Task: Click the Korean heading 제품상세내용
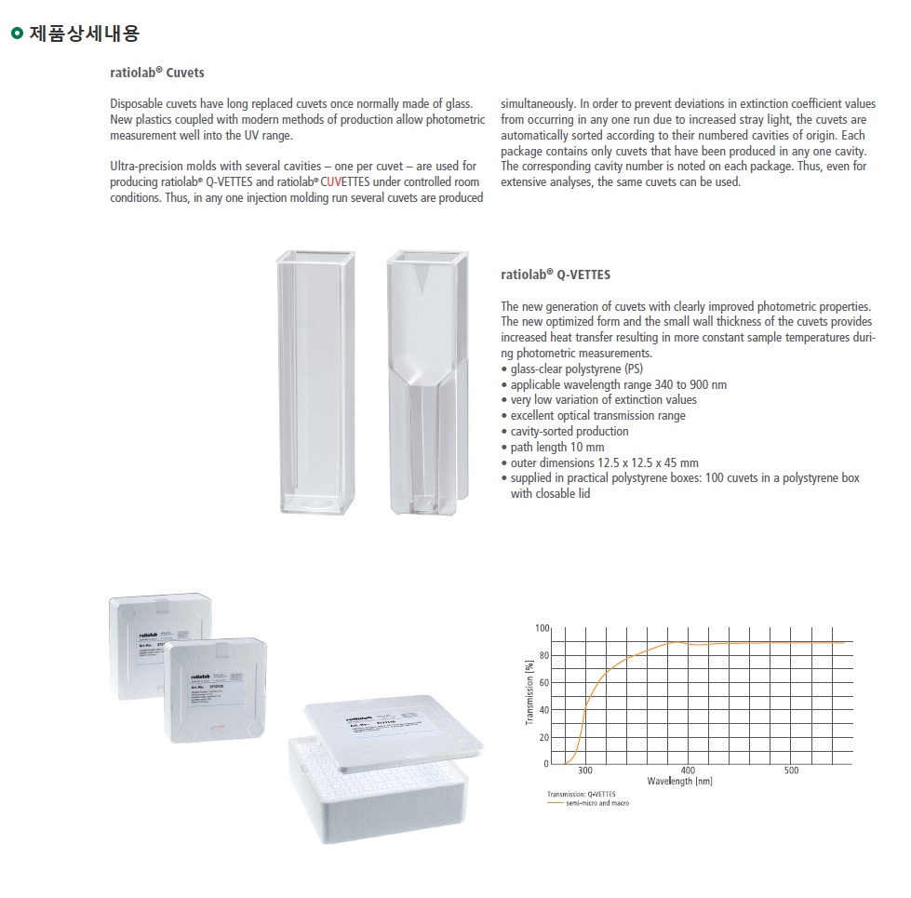(85, 35)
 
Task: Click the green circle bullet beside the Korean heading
(16, 35)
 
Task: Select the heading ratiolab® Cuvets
(157, 72)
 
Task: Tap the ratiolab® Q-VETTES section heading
(556, 275)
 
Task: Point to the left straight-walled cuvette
(315, 382)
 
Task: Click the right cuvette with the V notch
(424, 382)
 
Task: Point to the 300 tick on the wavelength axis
(584, 771)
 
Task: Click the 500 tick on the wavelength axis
(791, 771)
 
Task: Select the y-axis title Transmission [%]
(529, 694)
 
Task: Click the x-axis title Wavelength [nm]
(679, 782)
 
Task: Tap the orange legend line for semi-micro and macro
(556, 803)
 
